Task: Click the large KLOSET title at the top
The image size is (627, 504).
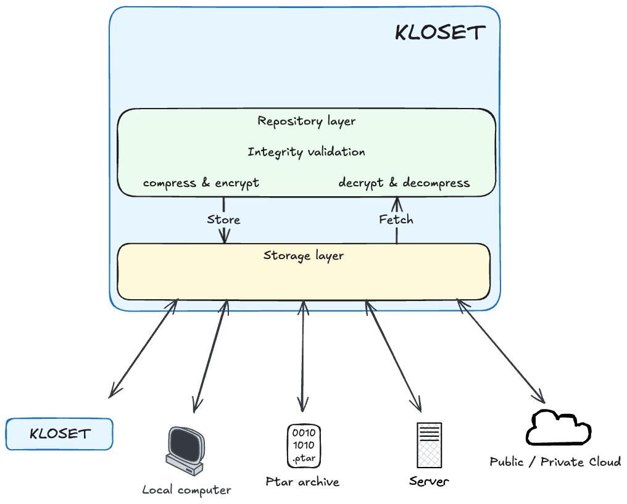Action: pyautogui.click(x=440, y=33)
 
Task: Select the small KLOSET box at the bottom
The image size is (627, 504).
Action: pyautogui.click(x=60, y=434)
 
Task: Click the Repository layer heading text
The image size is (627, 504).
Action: pyautogui.click(x=306, y=121)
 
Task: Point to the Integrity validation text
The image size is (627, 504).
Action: pyautogui.click(x=306, y=152)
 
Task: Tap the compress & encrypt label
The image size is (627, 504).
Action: pyautogui.click(x=201, y=183)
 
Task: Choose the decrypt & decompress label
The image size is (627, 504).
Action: pyautogui.click(x=404, y=183)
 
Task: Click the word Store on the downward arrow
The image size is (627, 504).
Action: pyautogui.click(x=223, y=220)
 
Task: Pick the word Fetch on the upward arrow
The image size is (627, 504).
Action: pyautogui.click(x=396, y=220)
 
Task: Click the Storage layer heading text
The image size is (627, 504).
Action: pyautogui.click(x=304, y=255)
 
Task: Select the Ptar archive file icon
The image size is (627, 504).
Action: pyautogui.click(x=303, y=445)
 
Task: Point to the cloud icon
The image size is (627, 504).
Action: pyautogui.click(x=558, y=428)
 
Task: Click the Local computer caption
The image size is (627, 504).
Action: pyautogui.click(x=186, y=490)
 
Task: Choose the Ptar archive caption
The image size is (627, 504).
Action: pyautogui.click(x=302, y=482)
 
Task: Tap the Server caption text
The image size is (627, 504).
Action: pyautogui.click(x=429, y=481)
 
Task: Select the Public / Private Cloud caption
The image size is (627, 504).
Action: pyautogui.click(x=555, y=462)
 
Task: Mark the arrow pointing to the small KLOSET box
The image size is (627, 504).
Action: pyautogui.click(x=144, y=349)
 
